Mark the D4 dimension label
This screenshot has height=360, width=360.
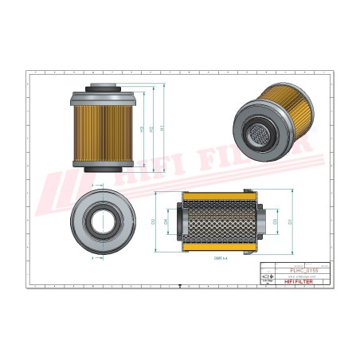[166, 221]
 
